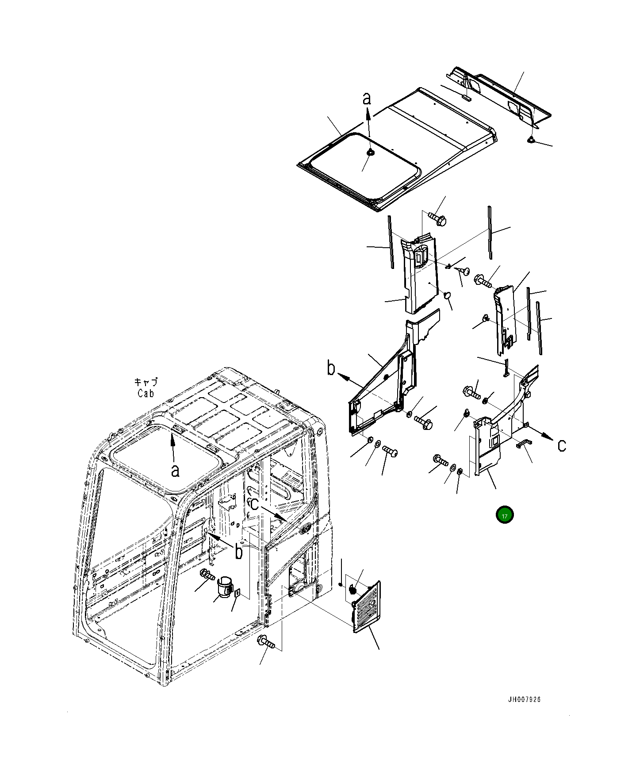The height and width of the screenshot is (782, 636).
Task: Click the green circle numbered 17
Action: [504, 515]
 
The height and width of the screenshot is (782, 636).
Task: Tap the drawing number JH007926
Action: [524, 699]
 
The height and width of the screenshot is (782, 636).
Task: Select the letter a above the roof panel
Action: [367, 99]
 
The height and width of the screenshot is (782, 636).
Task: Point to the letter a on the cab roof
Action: [175, 471]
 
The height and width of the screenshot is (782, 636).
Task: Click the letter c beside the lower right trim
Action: [561, 445]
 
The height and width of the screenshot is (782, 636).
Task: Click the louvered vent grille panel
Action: [366, 607]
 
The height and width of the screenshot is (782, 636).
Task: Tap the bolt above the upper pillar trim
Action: [437, 219]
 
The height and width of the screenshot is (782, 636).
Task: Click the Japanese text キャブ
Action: [146, 382]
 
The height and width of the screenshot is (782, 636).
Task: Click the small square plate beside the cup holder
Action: [238, 593]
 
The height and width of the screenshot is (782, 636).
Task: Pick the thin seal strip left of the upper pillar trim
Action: [391, 242]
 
